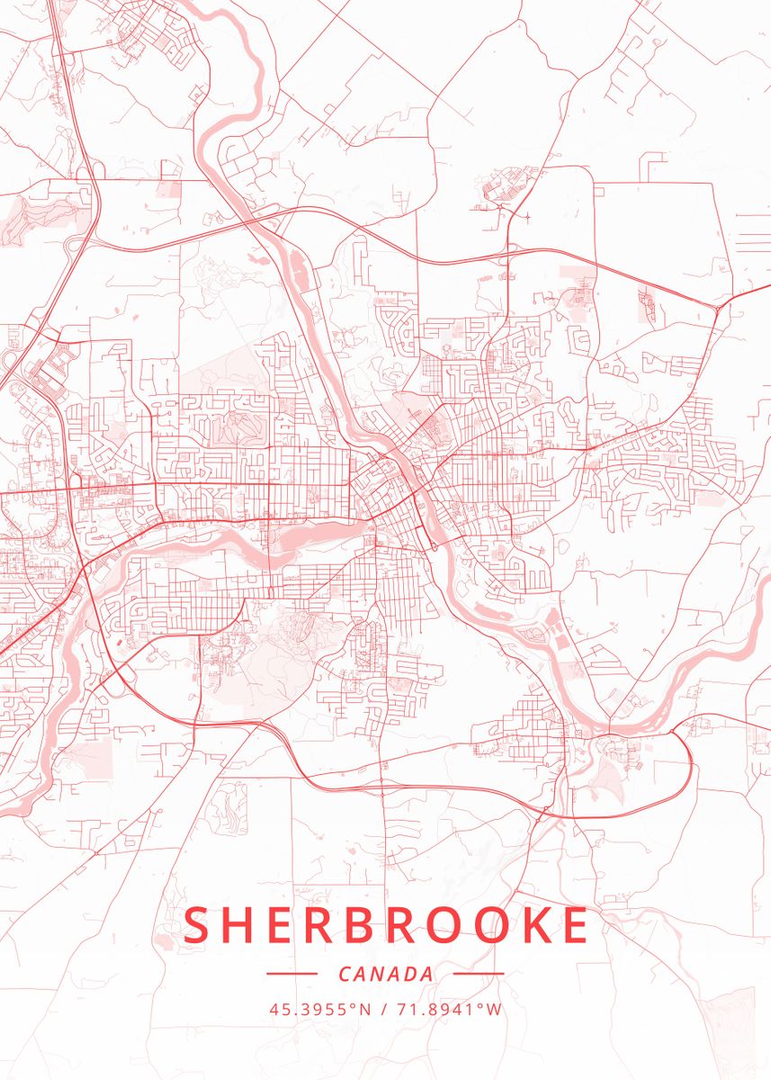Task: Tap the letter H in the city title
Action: click(243, 926)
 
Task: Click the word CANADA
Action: click(386, 974)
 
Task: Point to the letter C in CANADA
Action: click(345, 974)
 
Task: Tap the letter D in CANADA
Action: click(412, 974)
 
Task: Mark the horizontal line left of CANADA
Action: click(292, 974)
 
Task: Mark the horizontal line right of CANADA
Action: click(479, 974)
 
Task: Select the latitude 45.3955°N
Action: click(319, 1009)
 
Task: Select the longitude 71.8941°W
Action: click(449, 1009)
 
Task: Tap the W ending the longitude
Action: click(495, 1009)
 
